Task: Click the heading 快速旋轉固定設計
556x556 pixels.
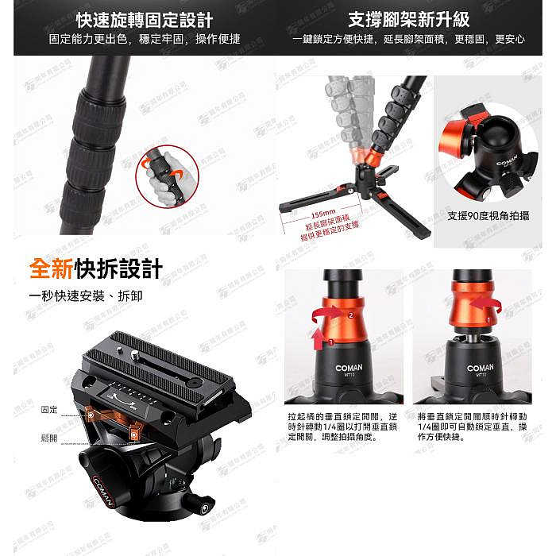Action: point(144,19)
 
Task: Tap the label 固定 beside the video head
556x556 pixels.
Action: point(48,408)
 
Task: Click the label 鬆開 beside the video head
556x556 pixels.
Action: point(48,438)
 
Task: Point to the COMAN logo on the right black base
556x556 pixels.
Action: point(480,368)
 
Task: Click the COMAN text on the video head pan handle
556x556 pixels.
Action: point(105,490)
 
